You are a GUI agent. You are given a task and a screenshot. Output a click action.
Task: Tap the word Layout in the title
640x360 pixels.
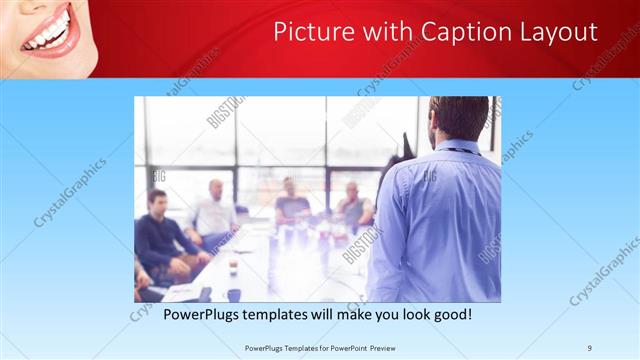click(554, 32)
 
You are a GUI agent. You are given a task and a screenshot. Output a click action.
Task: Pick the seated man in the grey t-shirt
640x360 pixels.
click(291, 206)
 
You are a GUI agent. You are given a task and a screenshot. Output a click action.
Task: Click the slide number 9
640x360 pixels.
click(590, 347)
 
